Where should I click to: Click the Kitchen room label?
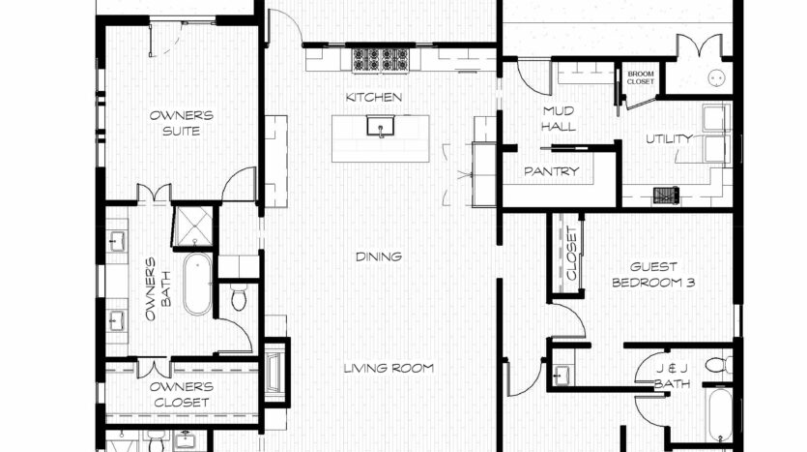pos(374,97)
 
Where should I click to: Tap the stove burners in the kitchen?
pos(381,60)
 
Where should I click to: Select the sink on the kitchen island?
pos(381,126)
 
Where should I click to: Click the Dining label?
pos(379,256)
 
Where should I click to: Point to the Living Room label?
pos(389,368)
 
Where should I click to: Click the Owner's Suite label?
pos(181,123)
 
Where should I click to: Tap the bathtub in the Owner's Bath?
pos(197,284)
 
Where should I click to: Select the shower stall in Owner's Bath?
pos(192,226)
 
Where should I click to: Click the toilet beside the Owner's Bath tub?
pos(239,297)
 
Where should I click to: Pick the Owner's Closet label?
pos(181,395)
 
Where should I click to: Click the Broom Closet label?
pos(640,77)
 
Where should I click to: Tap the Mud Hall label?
pos(559,118)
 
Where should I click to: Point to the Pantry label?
pos(551,171)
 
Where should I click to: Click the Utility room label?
pos(669,138)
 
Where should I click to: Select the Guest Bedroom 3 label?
pos(653,275)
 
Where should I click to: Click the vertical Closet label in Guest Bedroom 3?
pos(572,254)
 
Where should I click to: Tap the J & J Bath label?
pos(672,377)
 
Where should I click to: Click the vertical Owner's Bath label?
pos(158,289)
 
